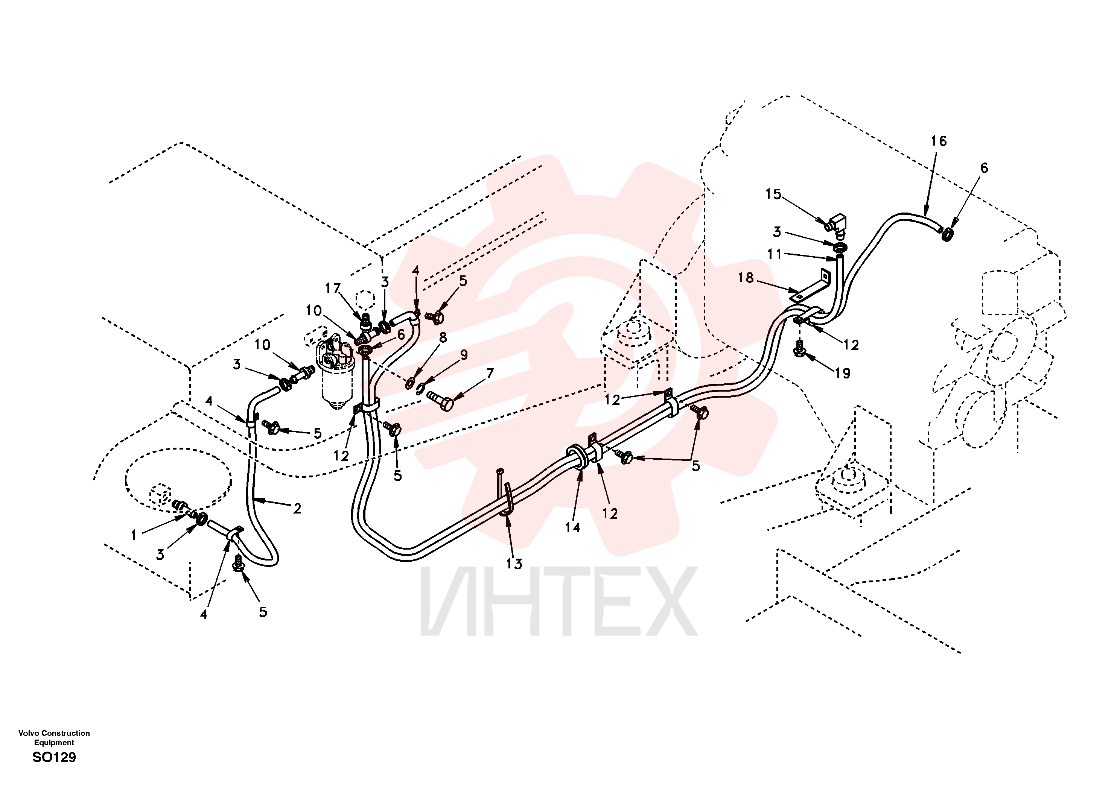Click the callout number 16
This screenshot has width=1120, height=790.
[938, 141]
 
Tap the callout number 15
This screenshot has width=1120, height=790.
[773, 194]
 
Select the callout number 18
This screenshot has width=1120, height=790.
[746, 278]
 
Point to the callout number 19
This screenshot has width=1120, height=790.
[842, 373]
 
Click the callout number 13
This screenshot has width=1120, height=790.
[514, 564]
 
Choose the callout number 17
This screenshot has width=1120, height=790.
[332, 289]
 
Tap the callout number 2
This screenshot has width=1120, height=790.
[297, 509]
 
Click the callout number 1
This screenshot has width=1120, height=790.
[134, 535]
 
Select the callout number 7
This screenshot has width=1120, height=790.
[490, 372]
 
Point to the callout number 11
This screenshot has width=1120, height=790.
[775, 254]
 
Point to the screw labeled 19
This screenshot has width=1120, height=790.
[799, 349]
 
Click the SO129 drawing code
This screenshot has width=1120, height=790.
[54, 757]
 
